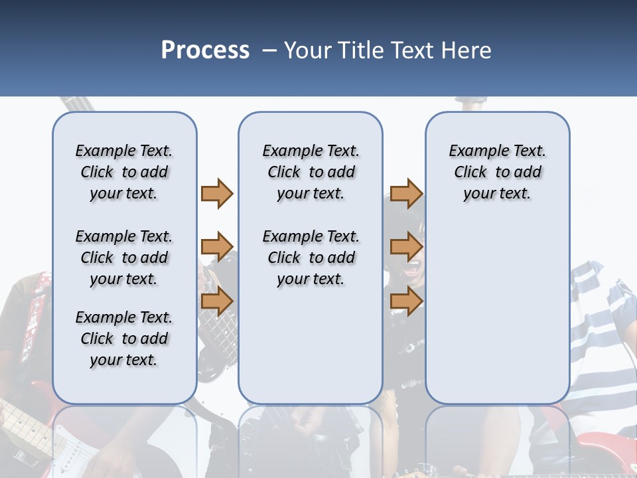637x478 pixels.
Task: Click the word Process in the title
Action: click(x=205, y=50)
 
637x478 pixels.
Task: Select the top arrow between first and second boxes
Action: click(x=217, y=193)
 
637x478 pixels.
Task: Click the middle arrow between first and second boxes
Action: click(x=217, y=247)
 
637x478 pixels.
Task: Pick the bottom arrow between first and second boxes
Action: click(x=217, y=301)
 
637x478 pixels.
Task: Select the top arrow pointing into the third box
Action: click(x=406, y=193)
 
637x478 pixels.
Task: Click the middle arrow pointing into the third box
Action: click(x=406, y=247)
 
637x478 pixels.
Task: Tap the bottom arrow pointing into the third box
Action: click(x=406, y=301)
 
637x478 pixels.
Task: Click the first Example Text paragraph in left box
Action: click(x=124, y=172)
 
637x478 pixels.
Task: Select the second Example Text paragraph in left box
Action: click(x=124, y=258)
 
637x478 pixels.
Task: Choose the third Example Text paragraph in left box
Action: click(x=124, y=339)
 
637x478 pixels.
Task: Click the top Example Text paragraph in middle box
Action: click(x=311, y=172)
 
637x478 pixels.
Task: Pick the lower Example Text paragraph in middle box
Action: click(x=311, y=258)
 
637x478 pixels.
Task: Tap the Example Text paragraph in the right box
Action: click(x=497, y=172)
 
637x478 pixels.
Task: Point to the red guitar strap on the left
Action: click(x=37, y=312)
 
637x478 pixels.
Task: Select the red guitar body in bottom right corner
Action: click(x=607, y=451)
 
